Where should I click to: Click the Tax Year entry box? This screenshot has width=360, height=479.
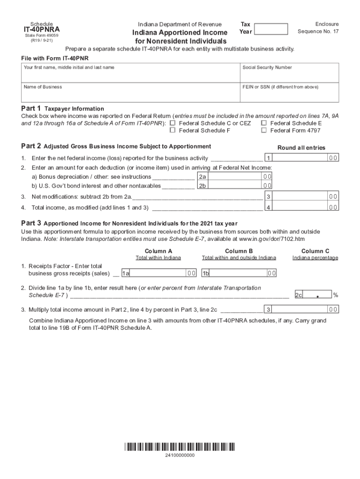(x=272, y=29)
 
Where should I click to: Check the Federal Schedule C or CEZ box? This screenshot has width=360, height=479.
(x=173, y=123)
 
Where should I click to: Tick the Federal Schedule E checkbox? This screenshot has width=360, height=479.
(x=264, y=123)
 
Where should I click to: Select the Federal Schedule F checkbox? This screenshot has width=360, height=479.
(x=173, y=131)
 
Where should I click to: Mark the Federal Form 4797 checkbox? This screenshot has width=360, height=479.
(x=264, y=131)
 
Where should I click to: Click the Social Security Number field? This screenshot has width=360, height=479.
(x=289, y=76)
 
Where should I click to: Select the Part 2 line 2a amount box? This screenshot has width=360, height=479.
(x=240, y=177)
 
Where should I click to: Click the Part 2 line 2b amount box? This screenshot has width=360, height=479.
(x=240, y=186)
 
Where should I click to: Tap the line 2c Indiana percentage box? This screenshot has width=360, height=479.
(x=317, y=295)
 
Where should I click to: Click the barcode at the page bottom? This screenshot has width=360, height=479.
(x=180, y=447)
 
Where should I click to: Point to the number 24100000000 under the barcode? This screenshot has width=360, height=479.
(x=180, y=456)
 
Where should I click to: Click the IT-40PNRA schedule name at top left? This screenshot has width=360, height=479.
(x=42, y=29)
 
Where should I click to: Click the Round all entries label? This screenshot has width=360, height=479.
(x=301, y=148)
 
